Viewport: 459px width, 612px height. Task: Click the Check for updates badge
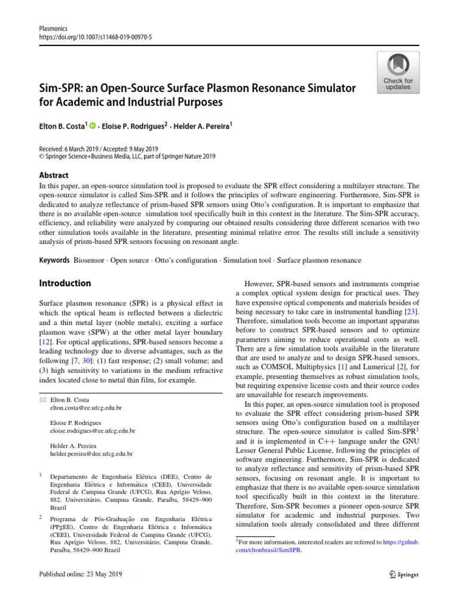pos(398,72)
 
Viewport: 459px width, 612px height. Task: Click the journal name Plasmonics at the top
pos(52,27)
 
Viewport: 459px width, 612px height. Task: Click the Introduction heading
pos(65,283)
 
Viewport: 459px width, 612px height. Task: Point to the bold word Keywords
pos(54,261)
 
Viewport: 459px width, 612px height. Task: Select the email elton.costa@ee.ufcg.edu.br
pos(86,408)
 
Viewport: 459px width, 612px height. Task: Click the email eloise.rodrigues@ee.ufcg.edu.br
pos(93,430)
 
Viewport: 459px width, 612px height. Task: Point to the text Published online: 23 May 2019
pos(80,574)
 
